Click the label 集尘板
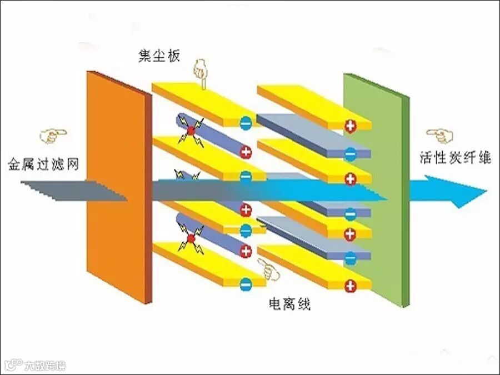[159, 56]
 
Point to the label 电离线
[289, 304]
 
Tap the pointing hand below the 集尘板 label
[199, 72]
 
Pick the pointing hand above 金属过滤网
[53, 135]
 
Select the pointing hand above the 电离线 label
[269, 271]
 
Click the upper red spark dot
[191, 131]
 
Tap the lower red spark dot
[191, 239]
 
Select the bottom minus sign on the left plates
[245, 283]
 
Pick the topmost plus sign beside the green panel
[350, 126]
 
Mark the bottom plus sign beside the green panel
[350, 286]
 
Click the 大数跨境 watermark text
[44, 365]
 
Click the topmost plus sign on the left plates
[246, 151]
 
